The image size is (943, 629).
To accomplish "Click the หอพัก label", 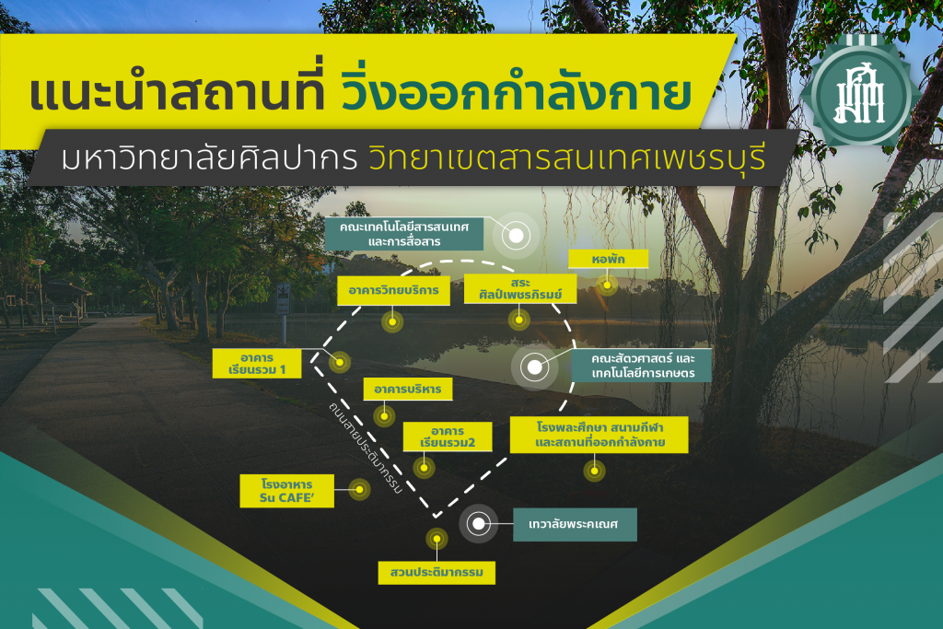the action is [x=608, y=259].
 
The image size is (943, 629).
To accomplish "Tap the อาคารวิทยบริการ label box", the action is [x=393, y=290].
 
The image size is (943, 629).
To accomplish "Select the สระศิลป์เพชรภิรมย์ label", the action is [x=520, y=288].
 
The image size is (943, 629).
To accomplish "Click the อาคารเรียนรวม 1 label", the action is [x=257, y=364].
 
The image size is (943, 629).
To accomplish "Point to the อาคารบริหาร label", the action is [x=408, y=389].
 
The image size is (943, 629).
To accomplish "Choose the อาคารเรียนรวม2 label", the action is [x=448, y=437].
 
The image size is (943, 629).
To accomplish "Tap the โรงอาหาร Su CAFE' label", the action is [x=287, y=491].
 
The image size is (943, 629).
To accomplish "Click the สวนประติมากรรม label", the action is [x=437, y=573].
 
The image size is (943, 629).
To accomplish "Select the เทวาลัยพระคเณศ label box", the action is [x=575, y=524].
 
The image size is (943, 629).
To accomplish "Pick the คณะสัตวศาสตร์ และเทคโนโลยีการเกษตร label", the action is [x=642, y=366].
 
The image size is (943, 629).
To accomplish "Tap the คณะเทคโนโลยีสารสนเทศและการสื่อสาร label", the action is [x=404, y=234].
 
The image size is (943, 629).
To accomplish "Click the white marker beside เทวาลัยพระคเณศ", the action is [x=479, y=524].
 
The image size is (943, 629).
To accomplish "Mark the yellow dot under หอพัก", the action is [x=608, y=285].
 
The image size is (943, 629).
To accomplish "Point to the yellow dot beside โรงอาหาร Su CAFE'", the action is [x=360, y=490].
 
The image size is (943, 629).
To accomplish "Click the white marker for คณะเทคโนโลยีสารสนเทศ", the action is [x=516, y=235].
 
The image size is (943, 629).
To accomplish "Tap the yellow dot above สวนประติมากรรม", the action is [x=437, y=539].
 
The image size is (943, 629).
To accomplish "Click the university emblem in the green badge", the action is [x=861, y=95].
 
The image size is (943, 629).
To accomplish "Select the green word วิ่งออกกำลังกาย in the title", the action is [x=516, y=91].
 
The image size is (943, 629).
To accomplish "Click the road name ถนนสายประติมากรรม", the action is [x=365, y=448].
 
